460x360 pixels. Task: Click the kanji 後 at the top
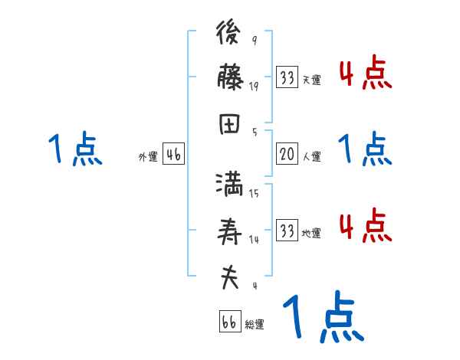(230, 34)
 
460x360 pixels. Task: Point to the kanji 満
(230, 187)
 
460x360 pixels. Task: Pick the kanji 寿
(230, 232)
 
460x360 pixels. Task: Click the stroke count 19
(254, 87)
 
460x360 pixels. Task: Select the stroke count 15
(254, 194)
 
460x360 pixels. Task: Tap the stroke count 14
(254, 240)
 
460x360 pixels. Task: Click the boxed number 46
(173, 155)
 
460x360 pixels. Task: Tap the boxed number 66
(229, 322)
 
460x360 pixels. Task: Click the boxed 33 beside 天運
(287, 77)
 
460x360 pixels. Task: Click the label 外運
(148, 157)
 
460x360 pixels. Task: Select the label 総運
(255, 325)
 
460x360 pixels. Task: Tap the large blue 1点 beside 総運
(323, 317)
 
